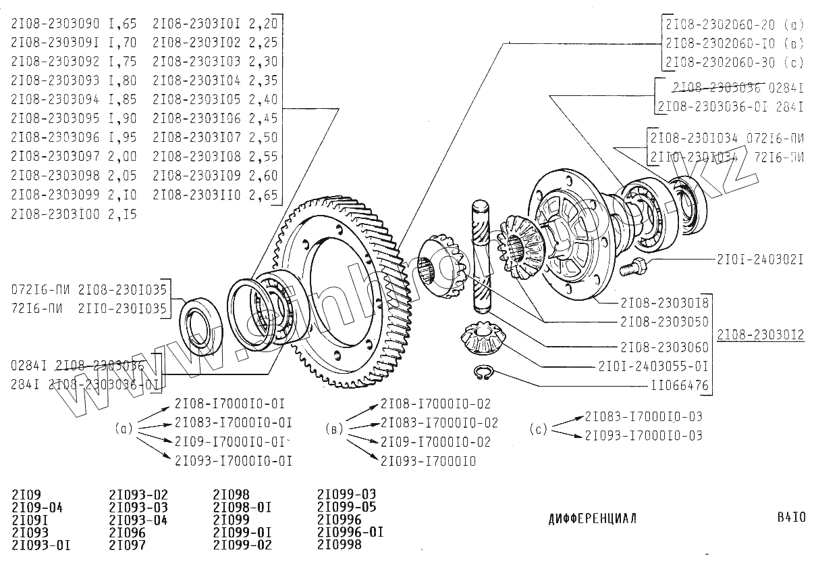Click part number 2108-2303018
(x=663, y=302)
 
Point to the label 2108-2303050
(x=663, y=322)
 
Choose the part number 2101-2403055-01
(x=653, y=367)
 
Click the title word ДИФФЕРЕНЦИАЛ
(x=592, y=519)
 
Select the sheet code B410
(x=791, y=518)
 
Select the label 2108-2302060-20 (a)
(x=734, y=24)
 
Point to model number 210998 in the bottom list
(x=339, y=545)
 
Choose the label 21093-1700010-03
(x=643, y=435)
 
